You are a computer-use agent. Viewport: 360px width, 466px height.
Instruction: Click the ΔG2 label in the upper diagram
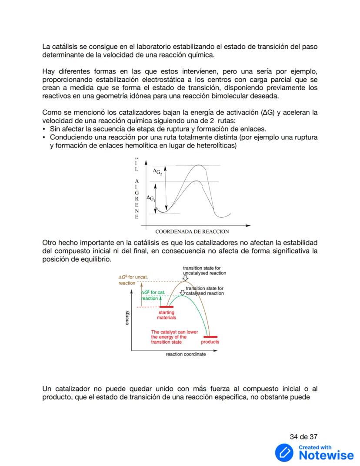(x=157, y=172)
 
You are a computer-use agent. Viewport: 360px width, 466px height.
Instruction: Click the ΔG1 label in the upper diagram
(x=151, y=198)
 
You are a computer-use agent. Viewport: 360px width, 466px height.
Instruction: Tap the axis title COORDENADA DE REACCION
(x=192, y=231)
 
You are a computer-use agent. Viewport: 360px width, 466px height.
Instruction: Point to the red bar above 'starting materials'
(x=163, y=307)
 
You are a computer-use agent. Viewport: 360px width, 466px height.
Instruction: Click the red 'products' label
(x=210, y=342)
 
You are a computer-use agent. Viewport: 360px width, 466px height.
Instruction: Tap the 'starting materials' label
(x=166, y=315)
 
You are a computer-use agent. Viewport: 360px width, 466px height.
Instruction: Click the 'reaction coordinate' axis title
(x=186, y=354)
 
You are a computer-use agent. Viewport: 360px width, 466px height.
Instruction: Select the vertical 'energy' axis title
(x=127, y=318)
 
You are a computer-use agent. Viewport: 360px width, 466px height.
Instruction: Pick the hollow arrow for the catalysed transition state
(x=182, y=292)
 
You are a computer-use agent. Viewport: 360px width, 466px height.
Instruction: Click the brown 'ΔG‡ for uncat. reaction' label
(x=133, y=280)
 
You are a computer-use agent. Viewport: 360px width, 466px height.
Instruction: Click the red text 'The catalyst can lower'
(x=174, y=332)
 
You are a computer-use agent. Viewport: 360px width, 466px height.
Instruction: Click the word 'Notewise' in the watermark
(x=326, y=456)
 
